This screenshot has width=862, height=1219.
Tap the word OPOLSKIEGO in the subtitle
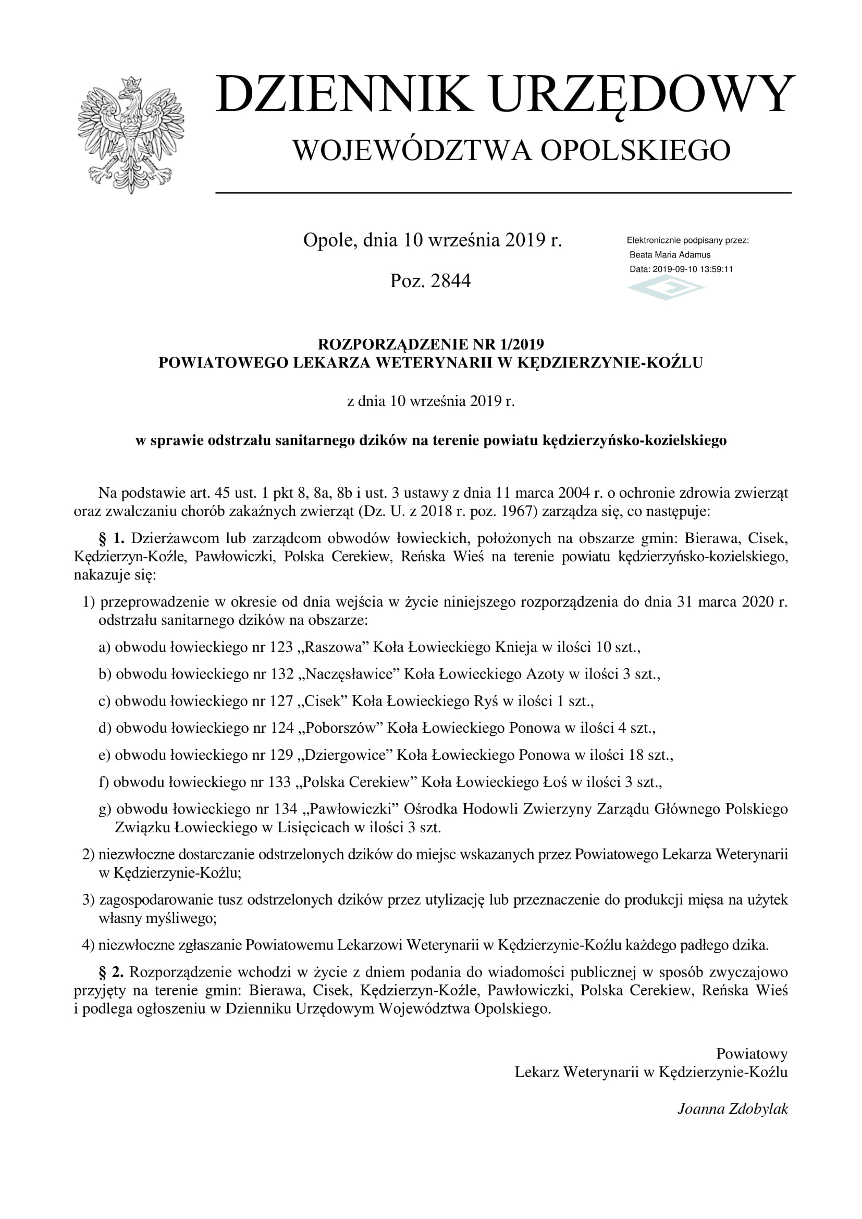coord(635,151)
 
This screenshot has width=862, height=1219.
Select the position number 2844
coord(451,281)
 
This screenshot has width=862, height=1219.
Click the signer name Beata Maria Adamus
coord(669,255)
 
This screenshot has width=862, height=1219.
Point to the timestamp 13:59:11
coord(716,269)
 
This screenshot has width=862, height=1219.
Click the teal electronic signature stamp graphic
coord(666,289)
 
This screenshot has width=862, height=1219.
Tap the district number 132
coord(282,674)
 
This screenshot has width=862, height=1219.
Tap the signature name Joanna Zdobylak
coord(732,1109)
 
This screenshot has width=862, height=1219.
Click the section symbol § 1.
coord(112,538)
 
